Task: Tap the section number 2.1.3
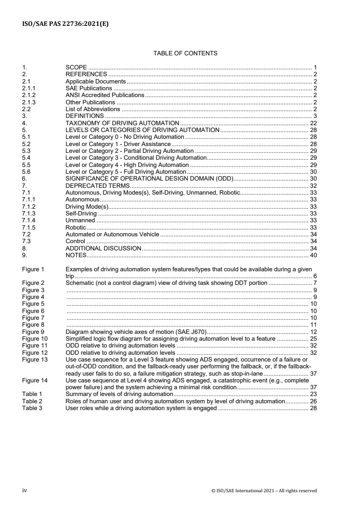[29, 103]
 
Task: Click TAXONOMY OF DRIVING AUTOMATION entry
[123, 123]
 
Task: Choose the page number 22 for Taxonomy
[313, 123]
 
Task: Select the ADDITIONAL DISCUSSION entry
[104, 249]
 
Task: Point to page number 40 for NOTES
[313, 255]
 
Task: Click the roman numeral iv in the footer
[25, 490]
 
